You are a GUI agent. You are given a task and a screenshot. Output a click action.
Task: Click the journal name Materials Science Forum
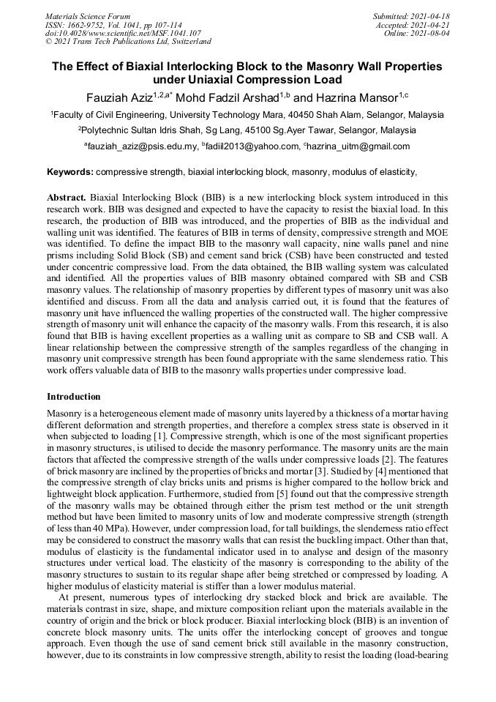pos(87,16)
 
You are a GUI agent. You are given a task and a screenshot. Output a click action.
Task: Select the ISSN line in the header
pos(113,25)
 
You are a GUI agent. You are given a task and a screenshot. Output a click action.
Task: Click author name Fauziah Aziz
pos(119,97)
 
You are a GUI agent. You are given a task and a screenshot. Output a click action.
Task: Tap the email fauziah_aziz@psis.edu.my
pos(143,146)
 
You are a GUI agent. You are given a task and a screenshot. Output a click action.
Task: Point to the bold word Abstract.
pos(67,198)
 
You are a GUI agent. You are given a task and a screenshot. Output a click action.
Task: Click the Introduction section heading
pos(74,396)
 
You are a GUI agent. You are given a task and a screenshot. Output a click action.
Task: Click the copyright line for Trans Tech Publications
pos(128,42)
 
